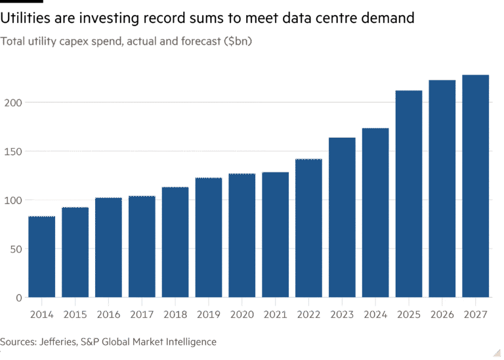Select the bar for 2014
42,256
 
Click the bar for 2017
142,247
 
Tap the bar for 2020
241,235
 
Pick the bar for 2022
308,228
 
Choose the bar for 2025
409,193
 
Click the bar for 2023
342,217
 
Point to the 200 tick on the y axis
13,103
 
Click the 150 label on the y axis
13,151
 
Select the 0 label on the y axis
18,298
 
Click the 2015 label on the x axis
75,314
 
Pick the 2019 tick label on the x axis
209,314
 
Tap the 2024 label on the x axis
375,314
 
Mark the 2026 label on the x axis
442,314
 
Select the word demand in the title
388,18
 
